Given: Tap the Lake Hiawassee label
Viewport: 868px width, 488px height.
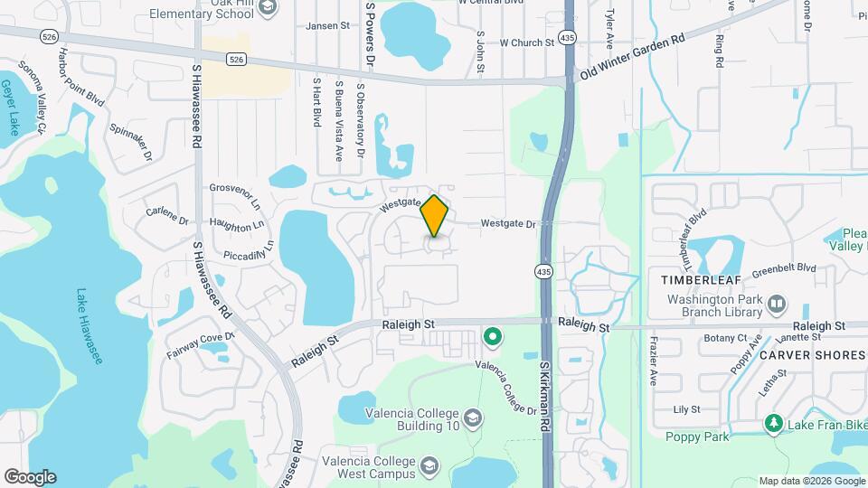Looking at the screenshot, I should point(89,325).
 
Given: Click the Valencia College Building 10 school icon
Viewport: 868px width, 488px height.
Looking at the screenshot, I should point(473,418).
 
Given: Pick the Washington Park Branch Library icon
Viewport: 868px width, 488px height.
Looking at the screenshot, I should point(777,305).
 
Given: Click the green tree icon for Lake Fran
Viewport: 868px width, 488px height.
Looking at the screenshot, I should point(773,423).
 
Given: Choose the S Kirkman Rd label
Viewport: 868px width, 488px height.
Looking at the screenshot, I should point(545,397).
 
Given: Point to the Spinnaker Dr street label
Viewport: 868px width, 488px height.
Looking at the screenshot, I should point(131,143).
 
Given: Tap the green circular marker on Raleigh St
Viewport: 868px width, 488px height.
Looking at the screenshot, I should point(493,338).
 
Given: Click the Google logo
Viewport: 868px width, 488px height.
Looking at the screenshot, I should point(30,476).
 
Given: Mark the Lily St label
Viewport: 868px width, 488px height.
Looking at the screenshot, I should point(687,409).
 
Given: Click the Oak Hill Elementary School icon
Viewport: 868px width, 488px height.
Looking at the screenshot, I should point(267,7).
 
